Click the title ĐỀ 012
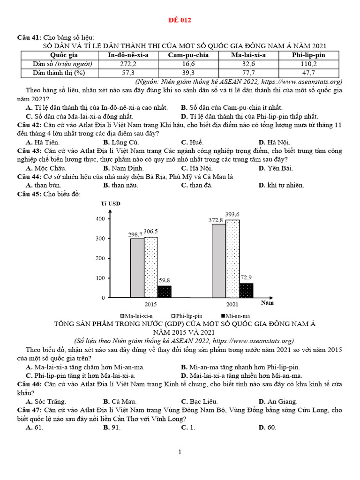[180, 20]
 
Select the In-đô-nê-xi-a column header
[128, 55]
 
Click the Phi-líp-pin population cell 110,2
[308, 64]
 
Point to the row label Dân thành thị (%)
[59, 73]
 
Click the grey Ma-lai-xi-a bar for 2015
[137, 268]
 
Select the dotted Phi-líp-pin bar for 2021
[232, 258]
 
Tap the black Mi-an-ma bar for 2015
[164, 292]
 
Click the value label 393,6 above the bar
[232, 214]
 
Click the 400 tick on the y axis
[99, 219]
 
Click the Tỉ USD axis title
[111, 203]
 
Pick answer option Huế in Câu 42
[192, 142]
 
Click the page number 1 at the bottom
[180, 452]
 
